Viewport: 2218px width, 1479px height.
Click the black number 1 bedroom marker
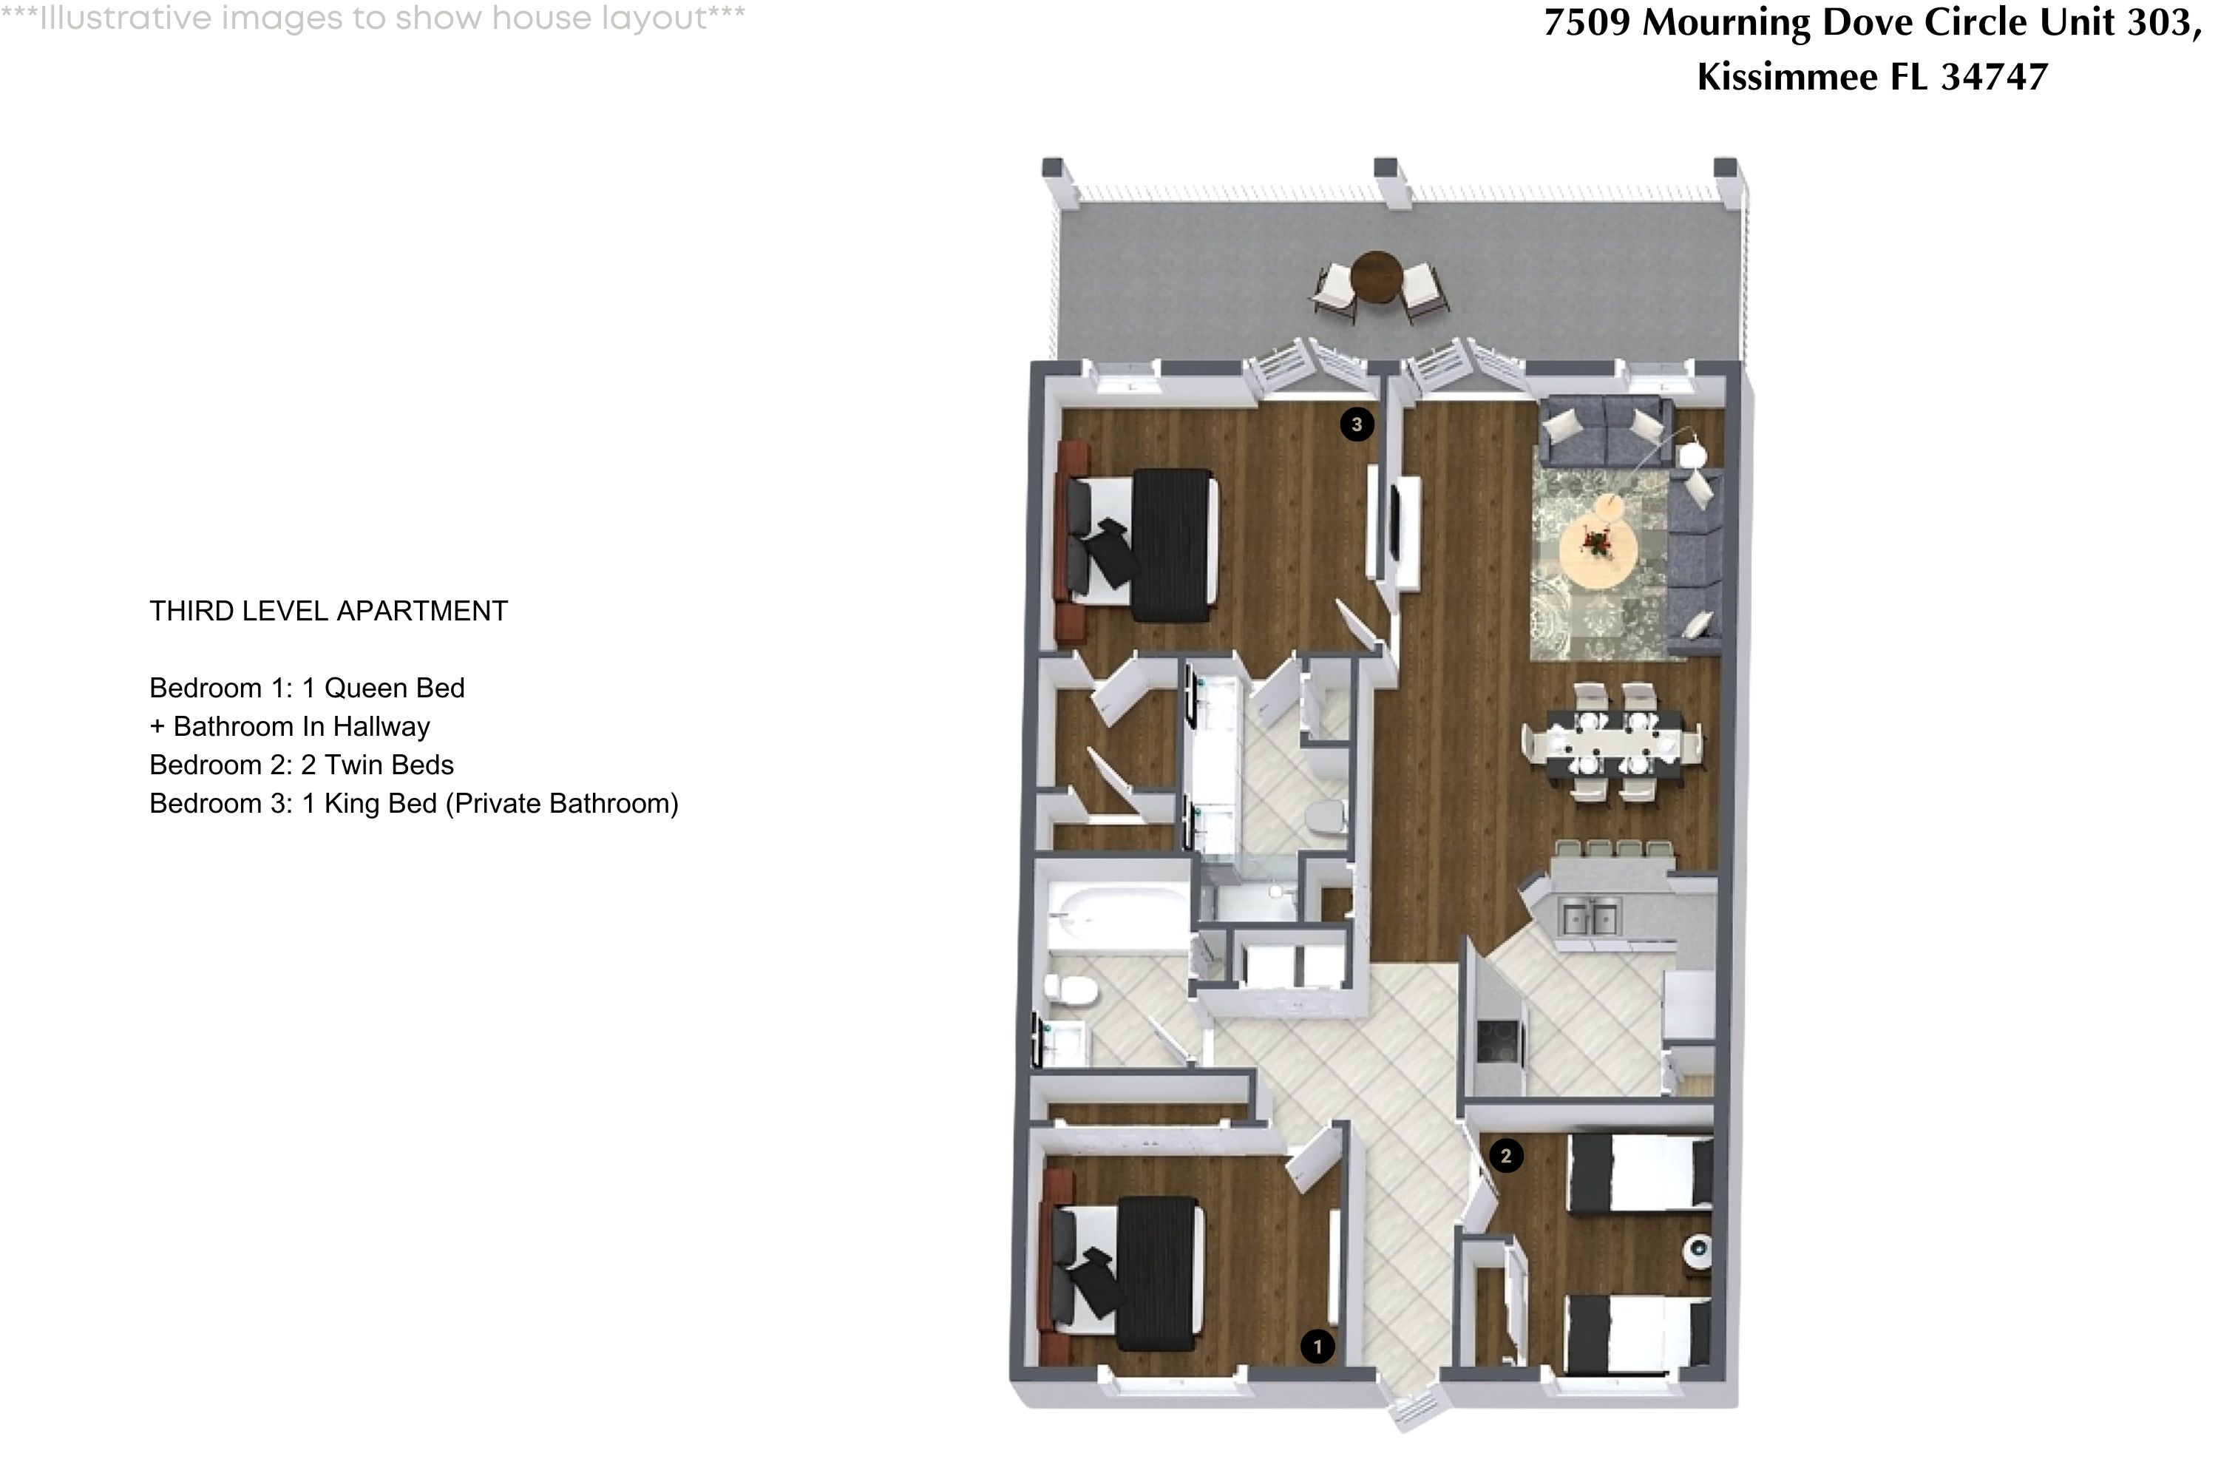1317,1347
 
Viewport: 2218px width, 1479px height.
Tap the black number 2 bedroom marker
1505,1155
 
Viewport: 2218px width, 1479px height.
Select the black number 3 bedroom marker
1356,424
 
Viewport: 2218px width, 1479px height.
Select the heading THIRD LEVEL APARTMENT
328,612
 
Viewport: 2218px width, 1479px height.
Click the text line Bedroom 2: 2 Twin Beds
302,765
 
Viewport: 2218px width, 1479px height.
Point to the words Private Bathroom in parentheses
561,804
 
